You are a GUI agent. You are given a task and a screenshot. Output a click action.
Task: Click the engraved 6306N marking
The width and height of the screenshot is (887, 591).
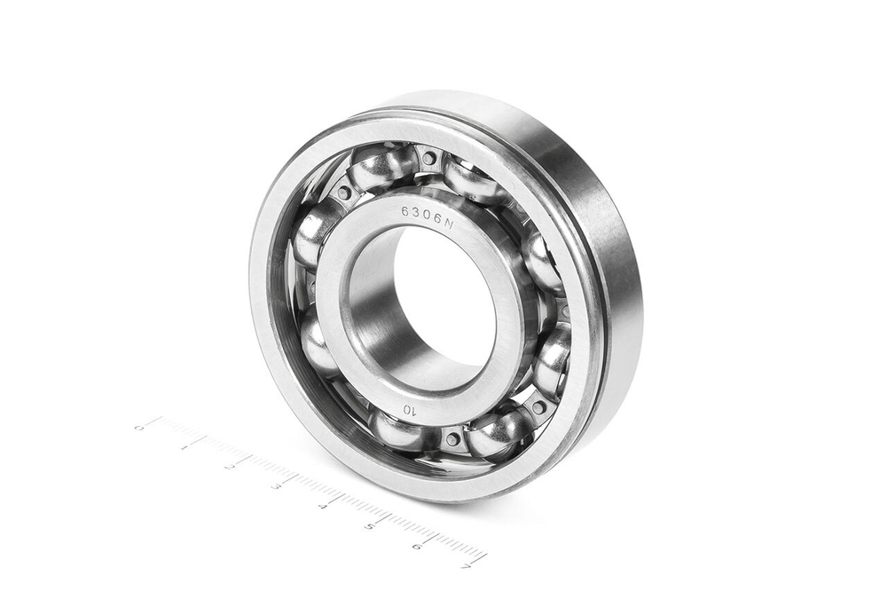pos(428,218)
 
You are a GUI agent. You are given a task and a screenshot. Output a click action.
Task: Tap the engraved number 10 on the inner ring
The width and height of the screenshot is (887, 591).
pos(410,409)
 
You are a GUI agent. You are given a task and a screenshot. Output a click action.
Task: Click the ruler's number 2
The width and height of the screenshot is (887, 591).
pos(232,467)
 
